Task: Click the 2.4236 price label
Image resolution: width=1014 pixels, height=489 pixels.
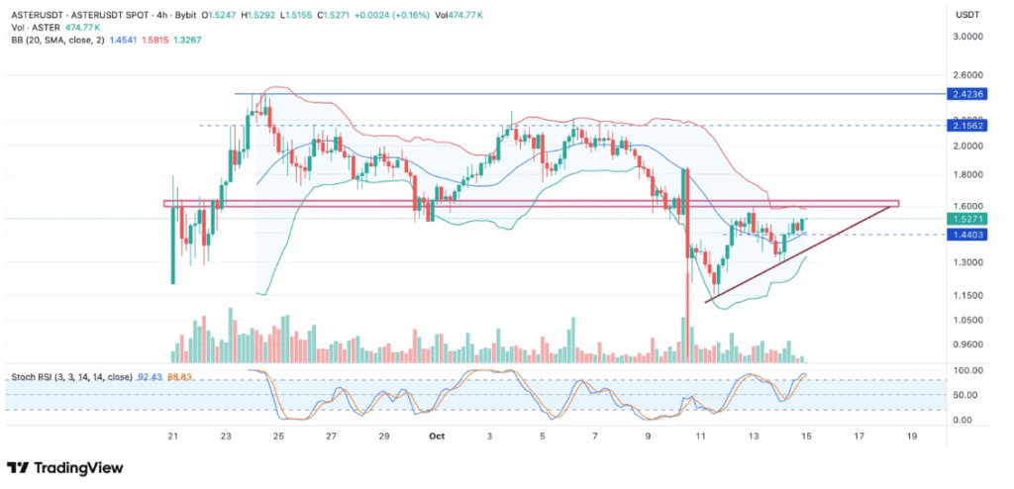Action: [965, 94]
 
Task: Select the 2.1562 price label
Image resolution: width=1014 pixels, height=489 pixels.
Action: [965, 126]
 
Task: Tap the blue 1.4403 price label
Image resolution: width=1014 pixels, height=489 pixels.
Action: [965, 235]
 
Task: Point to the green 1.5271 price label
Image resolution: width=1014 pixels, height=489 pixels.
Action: [965, 218]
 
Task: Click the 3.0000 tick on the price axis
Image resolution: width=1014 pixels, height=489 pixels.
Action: [965, 37]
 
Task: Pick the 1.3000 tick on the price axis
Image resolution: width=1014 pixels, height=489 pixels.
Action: [965, 262]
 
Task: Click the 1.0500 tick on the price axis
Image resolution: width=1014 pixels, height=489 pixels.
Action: [965, 320]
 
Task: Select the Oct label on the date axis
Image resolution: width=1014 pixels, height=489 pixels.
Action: [436, 435]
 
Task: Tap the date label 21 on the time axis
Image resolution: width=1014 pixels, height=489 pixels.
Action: [173, 435]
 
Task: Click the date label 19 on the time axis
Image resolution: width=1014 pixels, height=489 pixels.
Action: [911, 435]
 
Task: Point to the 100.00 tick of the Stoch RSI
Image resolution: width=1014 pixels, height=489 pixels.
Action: [965, 371]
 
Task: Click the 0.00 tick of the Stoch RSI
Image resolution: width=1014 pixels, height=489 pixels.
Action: [965, 420]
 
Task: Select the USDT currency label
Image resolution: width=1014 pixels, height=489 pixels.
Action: [965, 15]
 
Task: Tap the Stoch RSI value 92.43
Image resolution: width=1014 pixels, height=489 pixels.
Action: [150, 376]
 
